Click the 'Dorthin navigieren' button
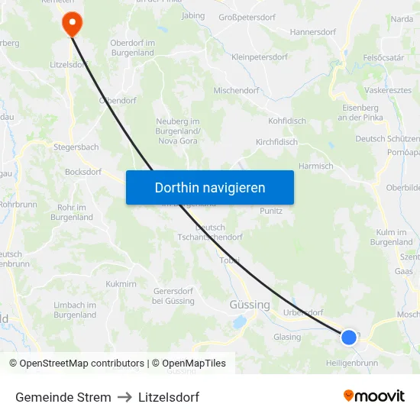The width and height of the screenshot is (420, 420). pos(210,187)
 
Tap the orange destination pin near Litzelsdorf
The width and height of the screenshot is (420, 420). pos(73,22)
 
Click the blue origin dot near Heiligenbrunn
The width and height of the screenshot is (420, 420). pos(349,337)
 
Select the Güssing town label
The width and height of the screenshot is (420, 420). pos(250,305)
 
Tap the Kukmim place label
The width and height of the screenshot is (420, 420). pos(121,283)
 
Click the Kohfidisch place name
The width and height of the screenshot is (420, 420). pos(287,121)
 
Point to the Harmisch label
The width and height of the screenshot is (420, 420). pos(316,166)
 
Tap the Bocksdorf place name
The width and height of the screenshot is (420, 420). pos(83,172)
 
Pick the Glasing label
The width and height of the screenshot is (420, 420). pos(287,337)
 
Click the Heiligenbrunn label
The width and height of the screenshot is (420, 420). pos(351,363)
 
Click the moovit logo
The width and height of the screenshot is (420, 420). pos(373,396)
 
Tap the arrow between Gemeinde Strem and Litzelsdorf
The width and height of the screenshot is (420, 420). pos(124,397)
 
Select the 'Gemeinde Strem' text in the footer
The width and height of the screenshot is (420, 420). pos(63,397)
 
